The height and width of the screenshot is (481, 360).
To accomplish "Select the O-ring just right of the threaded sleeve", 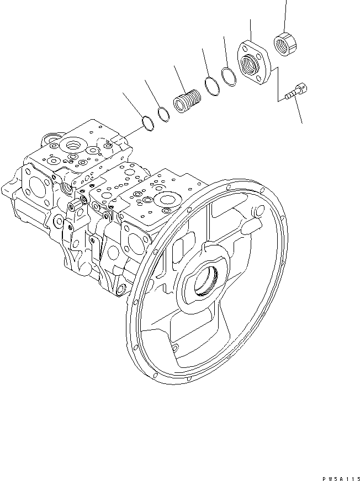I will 211,85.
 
